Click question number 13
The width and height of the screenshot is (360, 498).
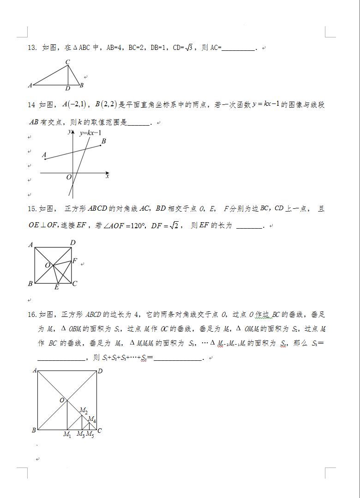(x=32, y=48)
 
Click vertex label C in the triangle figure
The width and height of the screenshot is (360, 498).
(x=67, y=62)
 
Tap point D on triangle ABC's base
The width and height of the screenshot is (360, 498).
(x=68, y=88)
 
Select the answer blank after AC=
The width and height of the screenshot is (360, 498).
(x=238, y=48)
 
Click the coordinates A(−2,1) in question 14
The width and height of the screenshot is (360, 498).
(x=73, y=105)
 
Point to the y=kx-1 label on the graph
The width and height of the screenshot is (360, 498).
(x=90, y=133)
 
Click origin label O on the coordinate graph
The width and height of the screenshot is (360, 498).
(x=68, y=177)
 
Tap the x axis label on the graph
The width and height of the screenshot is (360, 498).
(x=107, y=176)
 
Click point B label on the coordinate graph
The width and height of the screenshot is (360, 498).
(x=104, y=141)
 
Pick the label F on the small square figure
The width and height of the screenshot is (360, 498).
(x=74, y=261)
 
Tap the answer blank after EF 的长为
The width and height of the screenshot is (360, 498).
(x=249, y=226)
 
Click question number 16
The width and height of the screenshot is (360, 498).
(x=32, y=315)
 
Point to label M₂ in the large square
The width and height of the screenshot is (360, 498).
(x=84, y=410)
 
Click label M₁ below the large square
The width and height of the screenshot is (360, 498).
(x=67, y=434)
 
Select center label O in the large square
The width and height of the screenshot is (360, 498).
(x=62, y=400)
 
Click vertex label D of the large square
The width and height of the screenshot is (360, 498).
(x=100, y=370)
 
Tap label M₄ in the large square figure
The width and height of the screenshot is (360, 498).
(x=92, y=419)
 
